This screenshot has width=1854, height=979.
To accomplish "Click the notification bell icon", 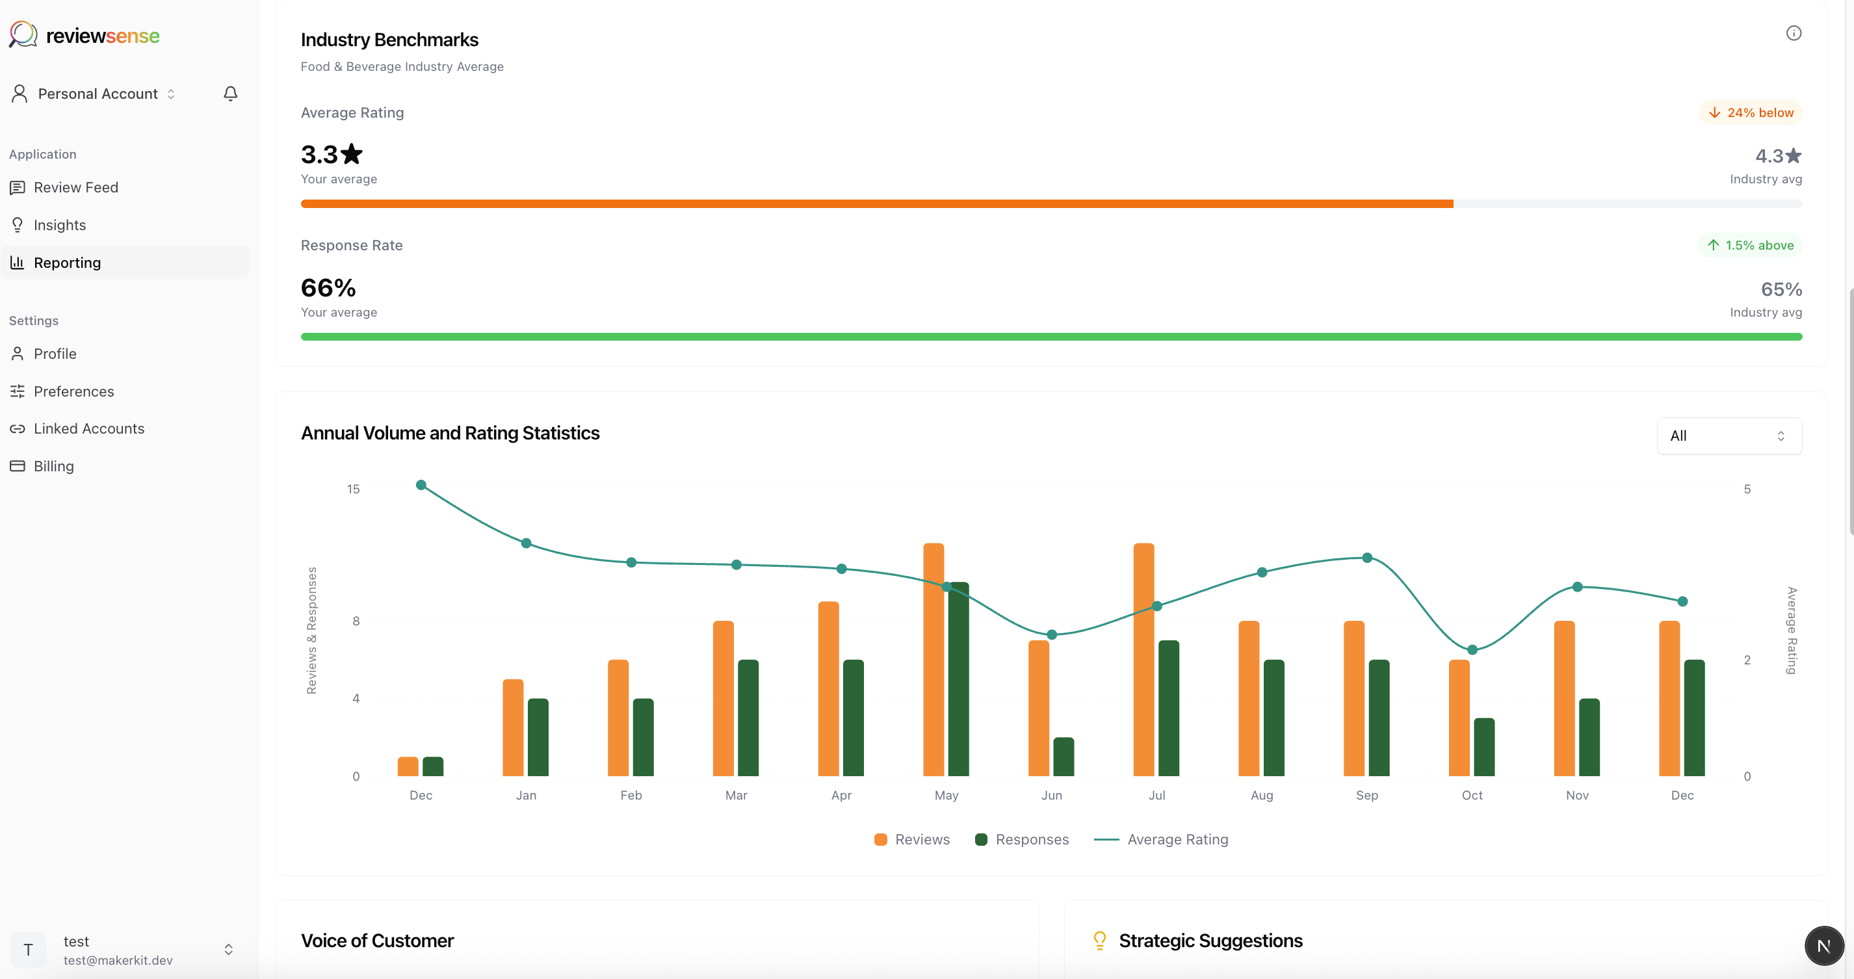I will click(x=230, y=94).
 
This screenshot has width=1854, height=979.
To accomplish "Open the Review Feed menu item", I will click(x=75, y=187).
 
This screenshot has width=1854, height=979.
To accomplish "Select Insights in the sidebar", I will click(x=59, y=226).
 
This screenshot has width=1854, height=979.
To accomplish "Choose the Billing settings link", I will click(x=53, y=467).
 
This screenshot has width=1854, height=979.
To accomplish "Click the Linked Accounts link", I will click(x=88, y=429).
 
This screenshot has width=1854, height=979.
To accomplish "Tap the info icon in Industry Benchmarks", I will click(x=1794, y=33).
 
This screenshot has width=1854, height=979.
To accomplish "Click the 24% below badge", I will click(x=1751, y=113).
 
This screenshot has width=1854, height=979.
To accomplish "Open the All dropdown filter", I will click(x=1729, y=436).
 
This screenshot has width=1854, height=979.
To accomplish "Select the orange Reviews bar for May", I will click(x=934, y=659).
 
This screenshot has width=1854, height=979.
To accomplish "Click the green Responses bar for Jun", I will click(x=1063, y=757).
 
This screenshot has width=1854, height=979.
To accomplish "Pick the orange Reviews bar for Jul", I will click(x=1143, y=659).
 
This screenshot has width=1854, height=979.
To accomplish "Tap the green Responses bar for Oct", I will click(x=1484, y=746).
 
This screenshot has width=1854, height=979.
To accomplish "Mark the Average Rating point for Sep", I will click(x=1366, y=558).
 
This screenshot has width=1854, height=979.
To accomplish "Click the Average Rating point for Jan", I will click(x=526, y=543).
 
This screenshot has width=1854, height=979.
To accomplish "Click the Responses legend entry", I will click(x=1022, y=839).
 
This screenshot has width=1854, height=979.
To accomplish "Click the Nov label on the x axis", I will click(x=1577, y=796).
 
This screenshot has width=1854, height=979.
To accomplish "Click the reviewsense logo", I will click(x=85, y=34).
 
